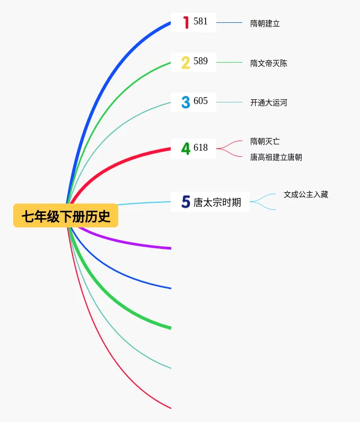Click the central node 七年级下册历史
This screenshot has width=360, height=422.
point(66,216)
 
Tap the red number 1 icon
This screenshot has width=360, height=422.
point(186,22)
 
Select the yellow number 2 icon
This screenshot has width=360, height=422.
point(185,63)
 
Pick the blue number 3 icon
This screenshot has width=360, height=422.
point(185,102)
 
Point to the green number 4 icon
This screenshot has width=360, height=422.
point(185,149)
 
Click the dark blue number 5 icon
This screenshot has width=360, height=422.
point(185,202)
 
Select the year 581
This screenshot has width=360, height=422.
point(200,22)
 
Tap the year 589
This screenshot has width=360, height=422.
point(200,62)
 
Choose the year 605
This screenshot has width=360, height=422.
point(200,101)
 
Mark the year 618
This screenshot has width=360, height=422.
point(200,148)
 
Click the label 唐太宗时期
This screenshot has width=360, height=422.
point(217,202)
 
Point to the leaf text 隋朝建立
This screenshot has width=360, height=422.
point(265,23)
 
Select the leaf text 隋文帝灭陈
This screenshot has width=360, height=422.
point(268,63)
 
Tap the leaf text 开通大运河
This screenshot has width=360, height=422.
point(268,102)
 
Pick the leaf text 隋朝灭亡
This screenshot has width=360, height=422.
point(265,141)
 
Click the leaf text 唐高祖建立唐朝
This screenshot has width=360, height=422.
point(276,158)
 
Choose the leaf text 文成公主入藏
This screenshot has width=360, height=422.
point(305,194)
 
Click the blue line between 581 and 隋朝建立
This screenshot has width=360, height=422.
point(229,22)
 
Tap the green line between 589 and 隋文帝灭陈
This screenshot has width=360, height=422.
point(229,62)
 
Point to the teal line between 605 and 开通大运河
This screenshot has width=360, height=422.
point(229,102)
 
